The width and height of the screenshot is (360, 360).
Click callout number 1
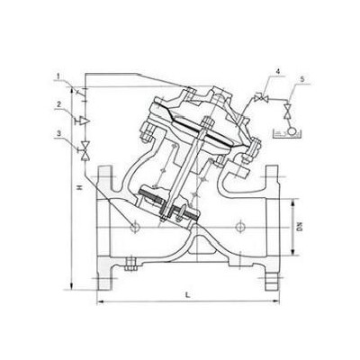[x=58, y=76]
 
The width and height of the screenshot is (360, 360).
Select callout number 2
[x=59, y=104]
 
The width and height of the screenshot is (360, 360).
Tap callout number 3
[x=59, y=134]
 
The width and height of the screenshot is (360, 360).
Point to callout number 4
[x=278, y=72]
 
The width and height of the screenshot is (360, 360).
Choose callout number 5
[x=302, y=79]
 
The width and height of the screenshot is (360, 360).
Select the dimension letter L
[x=188, y=294]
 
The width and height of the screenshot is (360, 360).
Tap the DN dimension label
[x=300, y=227]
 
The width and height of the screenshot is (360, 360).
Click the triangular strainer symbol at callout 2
[x=84, y=121]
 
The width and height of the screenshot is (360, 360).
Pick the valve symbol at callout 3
[x=85, y=150]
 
